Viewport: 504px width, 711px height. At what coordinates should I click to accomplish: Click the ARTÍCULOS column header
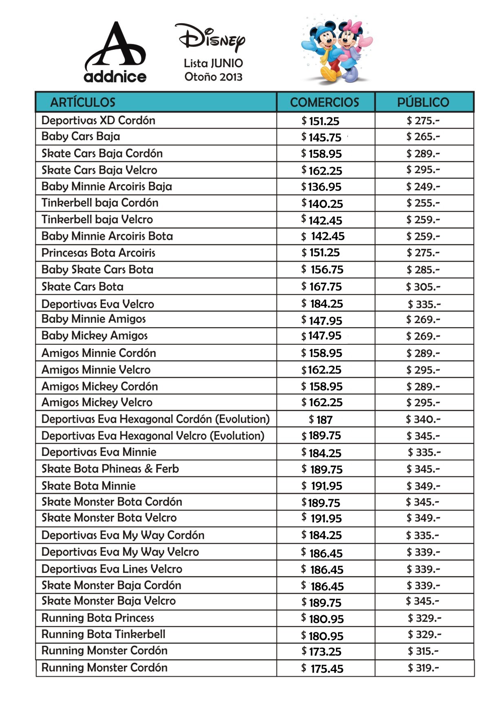(83, 102)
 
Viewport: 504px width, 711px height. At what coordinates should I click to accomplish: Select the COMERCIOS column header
(325, 102)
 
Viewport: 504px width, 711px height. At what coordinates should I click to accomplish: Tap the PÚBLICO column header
(423, 102)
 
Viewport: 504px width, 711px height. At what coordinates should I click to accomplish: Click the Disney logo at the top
(211, 39)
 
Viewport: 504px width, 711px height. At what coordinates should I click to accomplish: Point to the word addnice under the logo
(115, 77)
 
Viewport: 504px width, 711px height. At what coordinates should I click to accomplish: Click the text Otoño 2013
(213, 77)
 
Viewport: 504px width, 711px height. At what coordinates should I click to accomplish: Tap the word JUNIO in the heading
(227, 63)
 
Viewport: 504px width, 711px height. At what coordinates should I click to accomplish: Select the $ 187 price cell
(321, 419)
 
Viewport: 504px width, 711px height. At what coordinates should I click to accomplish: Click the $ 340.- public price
(423, 419)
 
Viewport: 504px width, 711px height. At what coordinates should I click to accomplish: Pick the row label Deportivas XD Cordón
(98, 120)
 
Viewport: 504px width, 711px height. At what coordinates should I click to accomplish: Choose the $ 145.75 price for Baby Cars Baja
(321, 137)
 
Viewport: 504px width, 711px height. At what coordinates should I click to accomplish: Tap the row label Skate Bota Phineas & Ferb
(110, 469)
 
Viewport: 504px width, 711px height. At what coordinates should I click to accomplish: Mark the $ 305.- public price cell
(423, 287)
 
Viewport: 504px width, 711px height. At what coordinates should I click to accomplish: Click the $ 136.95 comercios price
(321, 187)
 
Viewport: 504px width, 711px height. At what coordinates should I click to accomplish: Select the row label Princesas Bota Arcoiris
(98, 253)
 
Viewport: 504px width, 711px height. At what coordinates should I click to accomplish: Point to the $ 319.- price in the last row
(424, 667)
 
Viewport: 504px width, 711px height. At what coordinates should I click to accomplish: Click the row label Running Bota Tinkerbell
(103, 634)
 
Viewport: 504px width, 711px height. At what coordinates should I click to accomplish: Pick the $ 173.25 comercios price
(322, 651)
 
